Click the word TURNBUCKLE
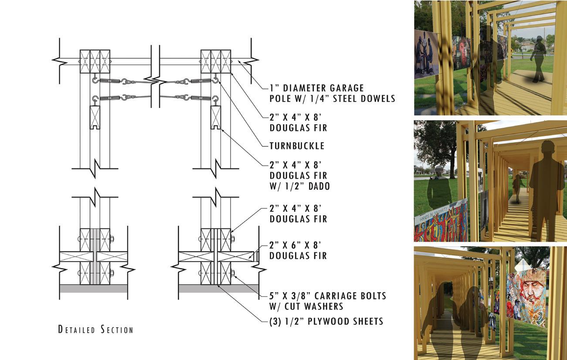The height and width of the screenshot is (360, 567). pos(297,146)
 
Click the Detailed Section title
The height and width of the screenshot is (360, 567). pos(95,329)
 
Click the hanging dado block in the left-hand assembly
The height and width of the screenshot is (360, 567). pos(95,118)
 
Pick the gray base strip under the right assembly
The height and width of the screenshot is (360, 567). pos(219,288)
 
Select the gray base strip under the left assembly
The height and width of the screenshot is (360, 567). pos(93,288)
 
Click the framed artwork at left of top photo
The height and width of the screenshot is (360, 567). pos(426,53)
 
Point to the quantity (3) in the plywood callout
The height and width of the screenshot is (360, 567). pos(275,322)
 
